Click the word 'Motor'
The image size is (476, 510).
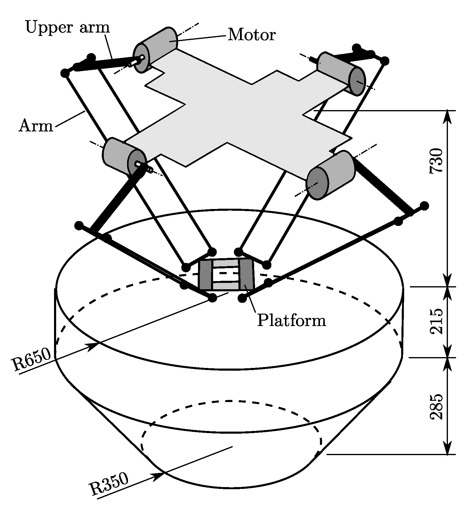pos(251,35)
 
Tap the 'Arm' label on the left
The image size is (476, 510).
pos(36,126)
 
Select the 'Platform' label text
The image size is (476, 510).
pos(292,320)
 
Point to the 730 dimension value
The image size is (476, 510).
pos(437,160)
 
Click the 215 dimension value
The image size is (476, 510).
pos(437,321)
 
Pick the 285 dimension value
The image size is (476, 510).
pos(437,406)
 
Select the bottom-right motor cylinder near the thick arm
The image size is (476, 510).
pos(331,175)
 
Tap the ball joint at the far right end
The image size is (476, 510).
pos(424,206)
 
